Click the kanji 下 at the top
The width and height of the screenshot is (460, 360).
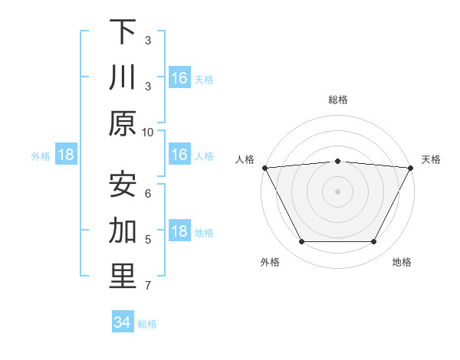[123, 32]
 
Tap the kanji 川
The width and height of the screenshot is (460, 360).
[123, 78]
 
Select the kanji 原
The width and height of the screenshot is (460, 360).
[123, 123]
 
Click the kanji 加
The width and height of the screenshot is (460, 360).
[123, 231]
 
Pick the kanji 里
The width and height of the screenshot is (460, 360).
[123, 277]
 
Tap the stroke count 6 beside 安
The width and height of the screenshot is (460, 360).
[148, 192]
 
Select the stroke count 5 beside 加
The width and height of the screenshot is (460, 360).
[148, 239]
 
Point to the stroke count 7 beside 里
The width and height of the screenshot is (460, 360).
[148, 286]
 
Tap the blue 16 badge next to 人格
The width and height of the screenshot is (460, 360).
[179, 155]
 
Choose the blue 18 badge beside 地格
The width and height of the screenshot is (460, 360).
[179, 232]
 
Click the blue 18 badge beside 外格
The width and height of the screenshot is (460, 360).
[66, 155]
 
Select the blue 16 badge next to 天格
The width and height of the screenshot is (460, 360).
[179, 78]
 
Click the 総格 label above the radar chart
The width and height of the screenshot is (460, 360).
[337, 100]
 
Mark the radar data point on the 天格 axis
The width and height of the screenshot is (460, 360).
[411, 167]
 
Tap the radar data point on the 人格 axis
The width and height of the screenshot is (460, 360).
[264, 167]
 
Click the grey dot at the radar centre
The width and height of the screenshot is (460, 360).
[337, 191]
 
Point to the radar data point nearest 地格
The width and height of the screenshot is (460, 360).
[374, 242]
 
